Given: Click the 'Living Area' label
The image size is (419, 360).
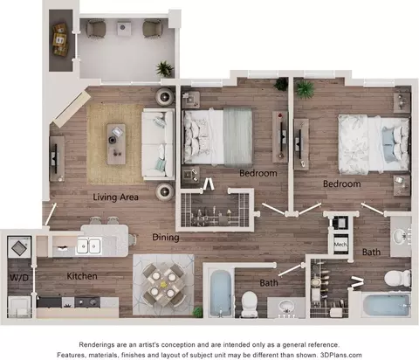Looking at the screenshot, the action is (x=115, y=197).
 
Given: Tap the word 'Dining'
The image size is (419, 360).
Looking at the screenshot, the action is (x=166, y=238).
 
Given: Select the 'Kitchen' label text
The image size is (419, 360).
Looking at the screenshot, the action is (x=82, y=276).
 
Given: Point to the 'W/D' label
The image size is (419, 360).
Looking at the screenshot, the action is (x=19, y=278).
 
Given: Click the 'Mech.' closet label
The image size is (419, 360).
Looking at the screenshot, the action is (x=340, y=245).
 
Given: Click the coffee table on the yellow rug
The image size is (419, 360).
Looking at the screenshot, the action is (x=116, y=144).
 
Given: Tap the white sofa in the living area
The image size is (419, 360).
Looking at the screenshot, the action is (x=158, y=144).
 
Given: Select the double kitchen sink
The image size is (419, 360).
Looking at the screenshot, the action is (x=89, y=246).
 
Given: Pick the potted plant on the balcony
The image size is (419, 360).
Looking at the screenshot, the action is (x=165, y=69).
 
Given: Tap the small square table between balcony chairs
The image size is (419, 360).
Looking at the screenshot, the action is (x=123, y=28).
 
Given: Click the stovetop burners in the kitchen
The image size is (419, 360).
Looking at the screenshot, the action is (x=87, y=302).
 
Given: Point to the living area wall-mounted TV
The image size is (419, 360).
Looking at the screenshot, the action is (x=54, y=159).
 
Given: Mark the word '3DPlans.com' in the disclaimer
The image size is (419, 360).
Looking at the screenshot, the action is (x=340, y=355).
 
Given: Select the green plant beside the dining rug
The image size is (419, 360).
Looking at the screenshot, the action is (x=198, y=312).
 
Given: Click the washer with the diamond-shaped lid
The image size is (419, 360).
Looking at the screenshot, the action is (x=19, y=247).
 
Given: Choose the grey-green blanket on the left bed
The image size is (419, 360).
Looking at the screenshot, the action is (x=237, y=137).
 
